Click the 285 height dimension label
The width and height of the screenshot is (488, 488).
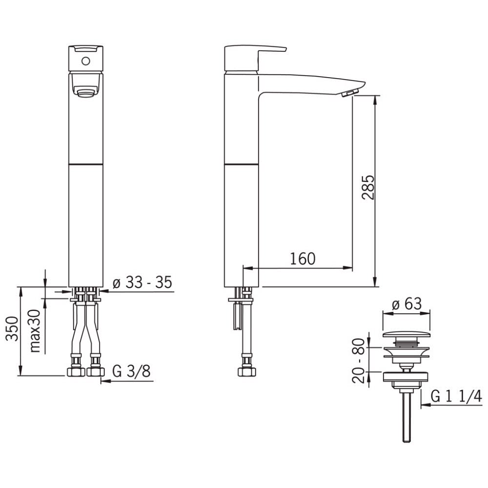pos(368,187)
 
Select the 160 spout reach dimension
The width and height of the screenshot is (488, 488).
pos(303,259)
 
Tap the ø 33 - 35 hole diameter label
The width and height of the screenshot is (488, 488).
pos(142,283)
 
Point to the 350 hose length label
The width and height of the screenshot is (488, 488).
pos(13,328)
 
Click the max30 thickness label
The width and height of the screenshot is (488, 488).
pos(35,331)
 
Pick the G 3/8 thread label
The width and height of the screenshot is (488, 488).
pos(131,371)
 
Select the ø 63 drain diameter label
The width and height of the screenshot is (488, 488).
pos(407,304)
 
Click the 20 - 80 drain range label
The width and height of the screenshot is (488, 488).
pos(358,361)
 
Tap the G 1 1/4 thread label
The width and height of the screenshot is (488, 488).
pos(456,396)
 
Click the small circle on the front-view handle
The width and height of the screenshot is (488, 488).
pos(86,61)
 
